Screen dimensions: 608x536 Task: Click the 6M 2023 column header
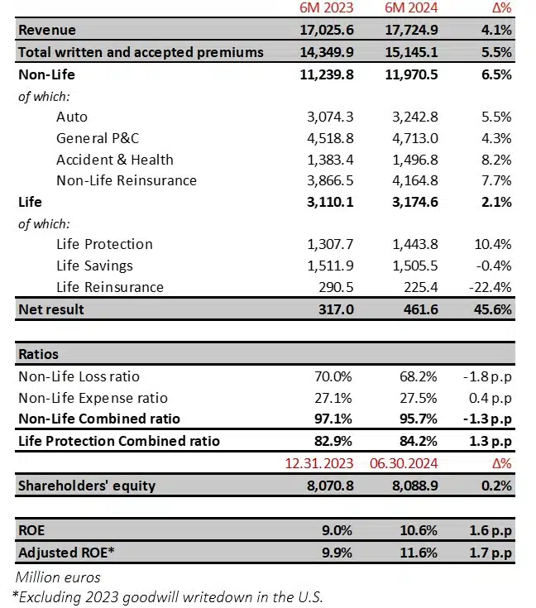point(327,9)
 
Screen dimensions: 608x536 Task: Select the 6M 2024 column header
point(412,9)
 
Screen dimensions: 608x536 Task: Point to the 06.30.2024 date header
point(411,464)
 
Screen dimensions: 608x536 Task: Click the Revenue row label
point(47,31)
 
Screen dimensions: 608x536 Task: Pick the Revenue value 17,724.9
point(412,31)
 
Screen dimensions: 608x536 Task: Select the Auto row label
point(72,117)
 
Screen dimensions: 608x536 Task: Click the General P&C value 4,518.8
point(327,138)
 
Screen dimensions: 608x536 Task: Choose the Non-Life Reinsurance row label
point(127,180)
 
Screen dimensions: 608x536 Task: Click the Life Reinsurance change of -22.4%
point(491,287)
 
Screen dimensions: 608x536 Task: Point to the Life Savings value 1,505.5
point(412,266)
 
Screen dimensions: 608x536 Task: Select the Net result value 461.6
point(419,309)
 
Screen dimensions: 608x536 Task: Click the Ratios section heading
point(38,354)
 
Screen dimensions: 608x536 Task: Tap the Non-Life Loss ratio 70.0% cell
point(335,376)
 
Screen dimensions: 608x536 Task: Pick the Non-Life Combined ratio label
point(99,419)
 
